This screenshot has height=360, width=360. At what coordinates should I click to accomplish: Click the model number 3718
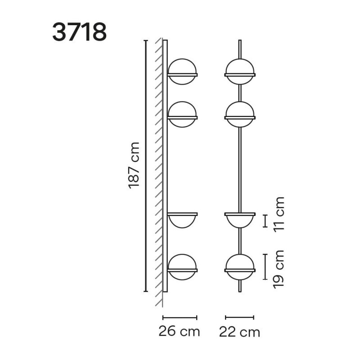[80, 32]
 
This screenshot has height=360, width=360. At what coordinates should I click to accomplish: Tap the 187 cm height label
[134, 166]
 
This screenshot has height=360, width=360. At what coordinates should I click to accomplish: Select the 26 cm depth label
[179, 332]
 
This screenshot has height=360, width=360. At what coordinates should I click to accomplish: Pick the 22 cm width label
[240, 332]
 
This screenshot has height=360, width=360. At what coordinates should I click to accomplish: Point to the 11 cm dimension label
[279, 215]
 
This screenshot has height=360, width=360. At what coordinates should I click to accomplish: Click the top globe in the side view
[182, 72]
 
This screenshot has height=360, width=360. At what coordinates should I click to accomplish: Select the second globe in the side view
[182, 114]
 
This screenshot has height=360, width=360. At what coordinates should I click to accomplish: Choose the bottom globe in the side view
[182, 267]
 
